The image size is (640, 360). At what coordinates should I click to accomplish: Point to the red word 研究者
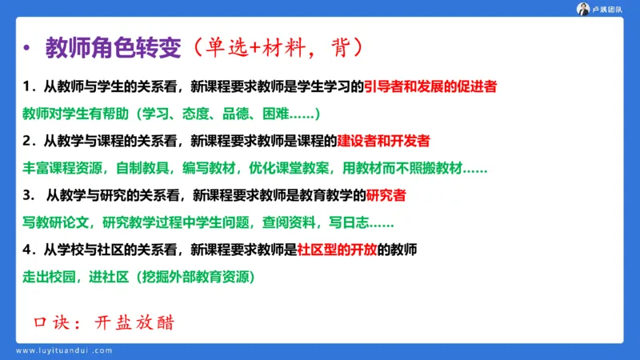click(x=386, y=194)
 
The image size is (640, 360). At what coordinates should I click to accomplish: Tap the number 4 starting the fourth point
click(x=27, y=249)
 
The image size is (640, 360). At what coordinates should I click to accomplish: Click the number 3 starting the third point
click(x=27, y=194)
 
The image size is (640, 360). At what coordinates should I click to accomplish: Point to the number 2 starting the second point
click(x=27, y=141)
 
